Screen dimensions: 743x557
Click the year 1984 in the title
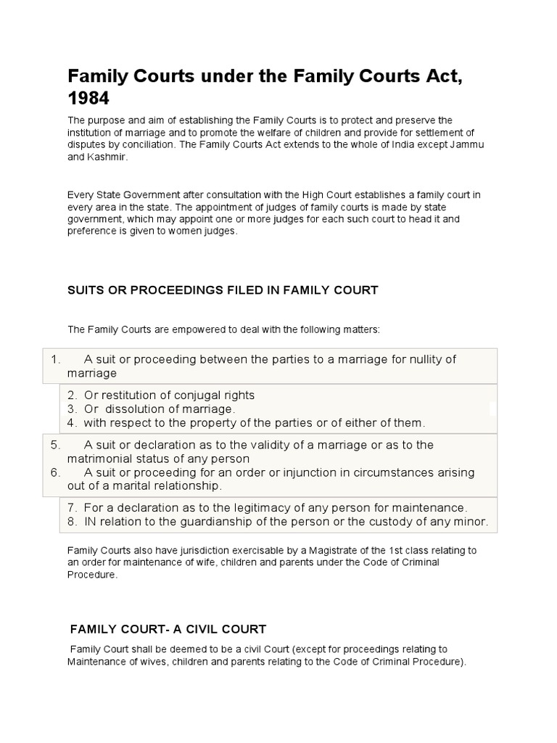pos(88,97)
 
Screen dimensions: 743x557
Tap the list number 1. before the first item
pos(56,360)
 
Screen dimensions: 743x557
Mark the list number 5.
pos(56,445)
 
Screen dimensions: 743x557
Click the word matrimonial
pos(100,459)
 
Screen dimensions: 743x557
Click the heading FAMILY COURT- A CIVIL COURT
pos(168,628)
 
